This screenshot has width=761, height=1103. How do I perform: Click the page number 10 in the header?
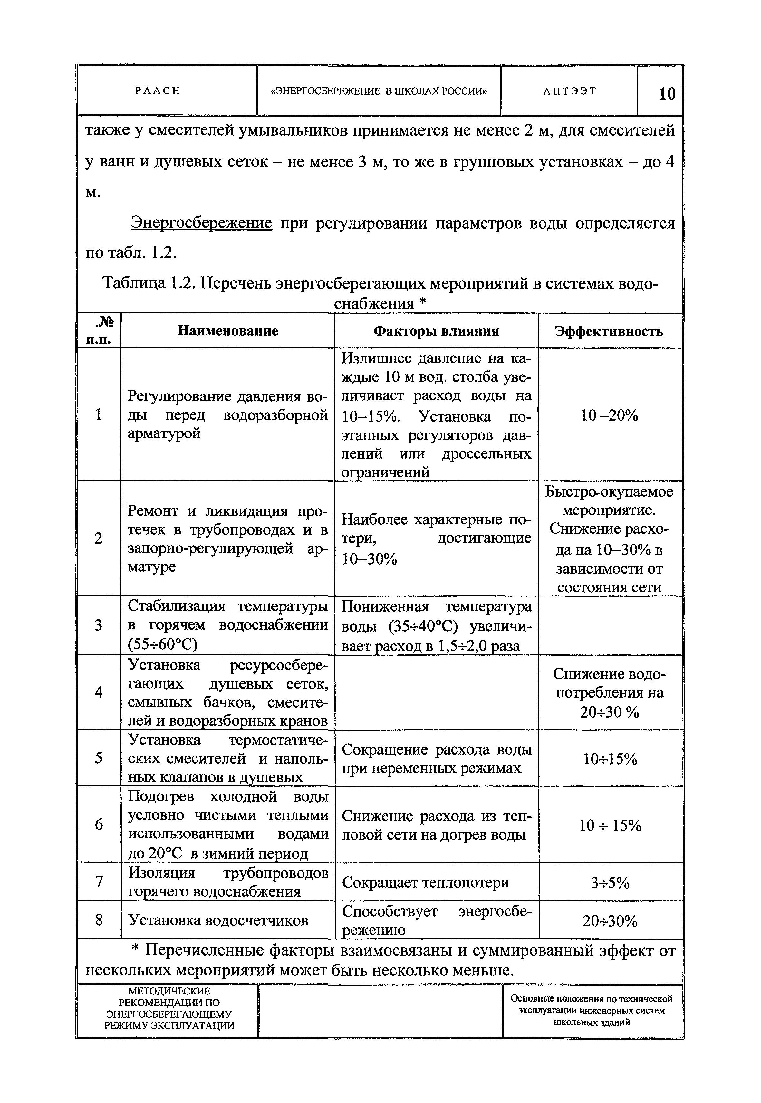[x=667, y=93]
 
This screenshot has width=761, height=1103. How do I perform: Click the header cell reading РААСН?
[x=157, y=90]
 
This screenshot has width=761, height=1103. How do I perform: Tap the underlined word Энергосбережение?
[x=201, y=223]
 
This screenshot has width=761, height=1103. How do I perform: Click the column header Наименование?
[x=227, y=331]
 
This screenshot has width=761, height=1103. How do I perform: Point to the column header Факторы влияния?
[x=436, y=331]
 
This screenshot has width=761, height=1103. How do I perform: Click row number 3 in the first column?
[x=98, y=625]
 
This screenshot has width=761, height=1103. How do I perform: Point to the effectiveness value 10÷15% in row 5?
[x=610, y=759]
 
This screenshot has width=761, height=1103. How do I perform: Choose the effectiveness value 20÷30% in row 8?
[x=610, y=921]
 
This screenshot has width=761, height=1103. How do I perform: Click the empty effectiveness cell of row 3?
[x=610, y=625]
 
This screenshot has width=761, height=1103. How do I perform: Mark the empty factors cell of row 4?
[x=436, y=692]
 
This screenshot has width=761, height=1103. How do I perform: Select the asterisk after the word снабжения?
[x=420, y=303]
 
